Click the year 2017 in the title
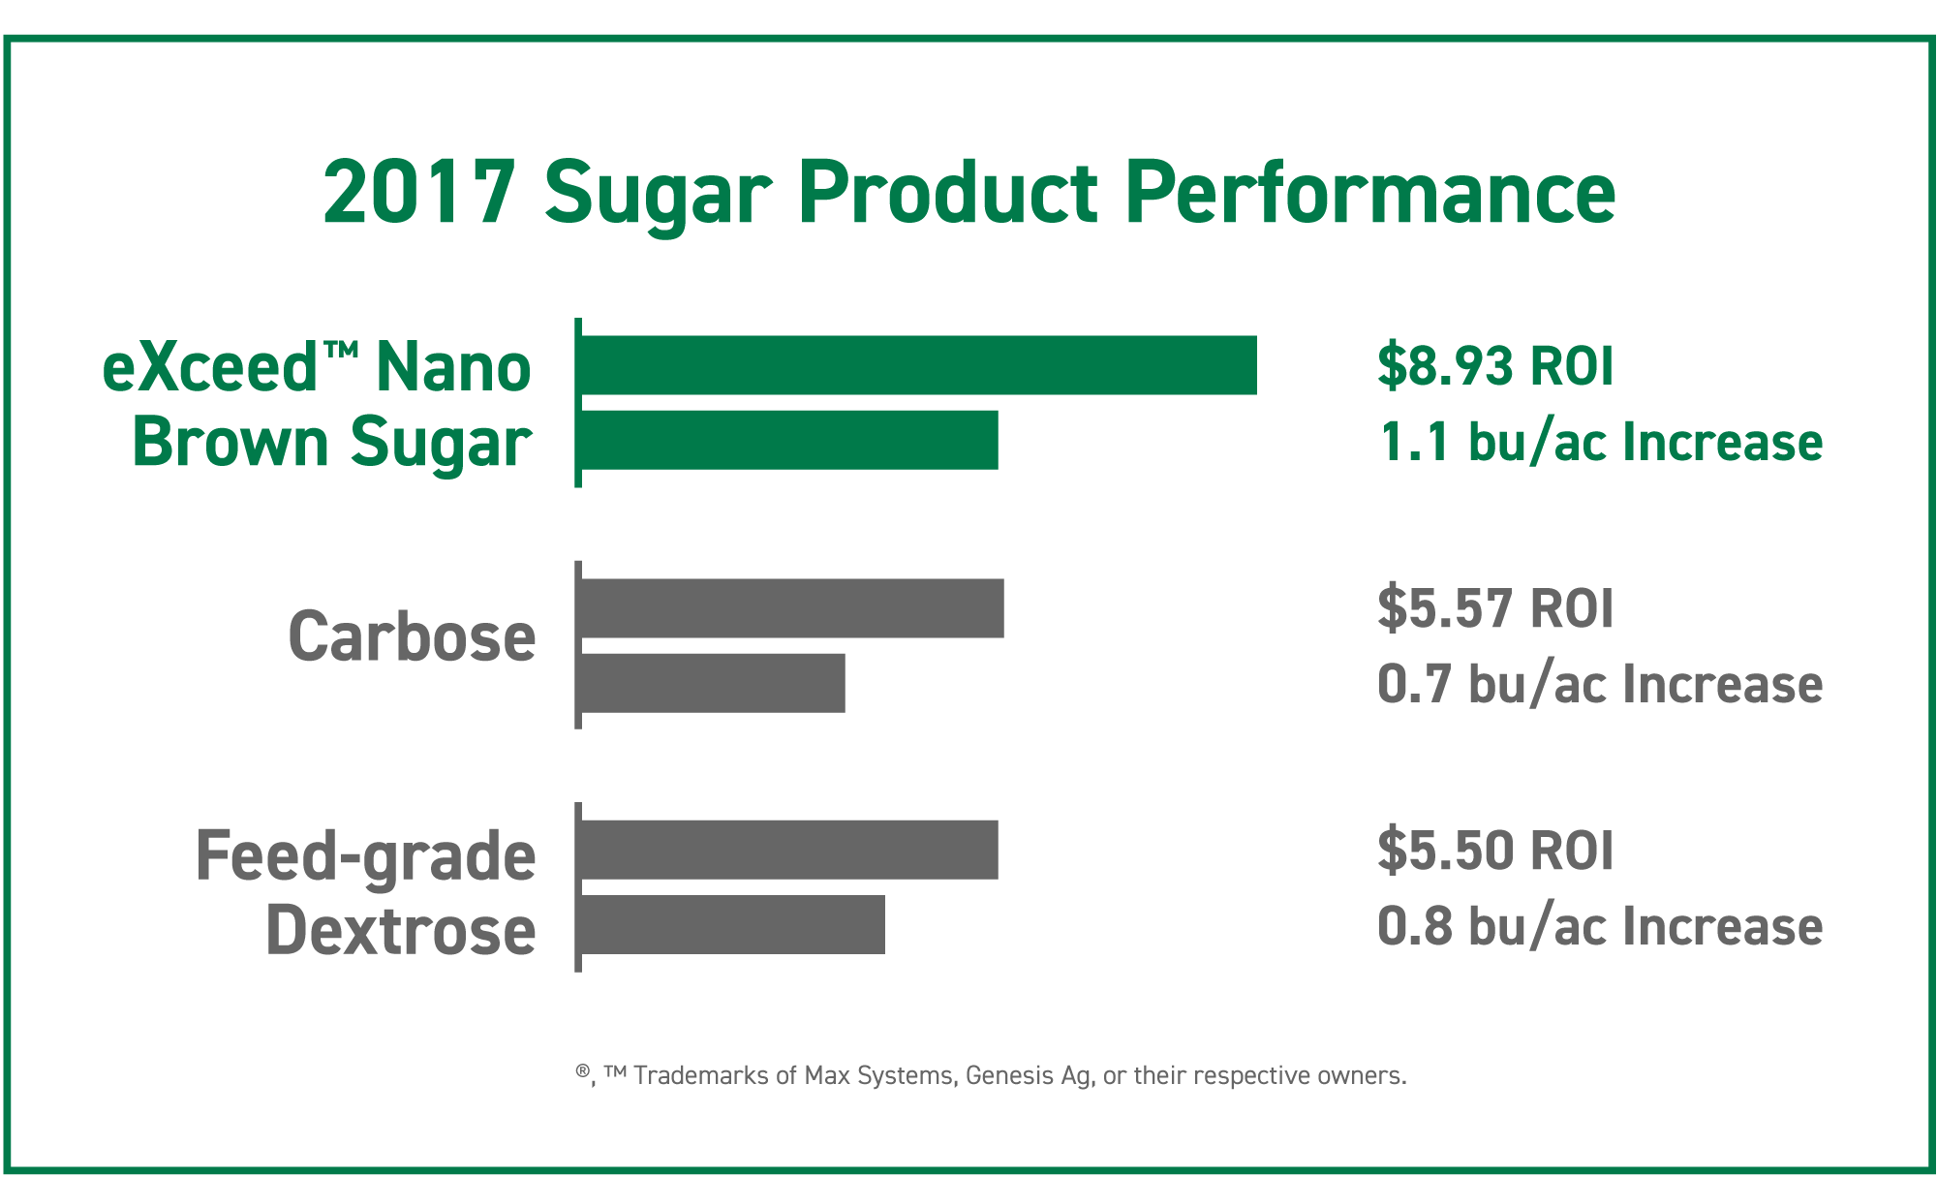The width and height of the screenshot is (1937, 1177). click(418, 192)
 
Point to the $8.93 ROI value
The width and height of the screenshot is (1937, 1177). click(1495, 365)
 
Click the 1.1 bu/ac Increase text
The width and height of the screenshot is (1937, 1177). click(1600, 442)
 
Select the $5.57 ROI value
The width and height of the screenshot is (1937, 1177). click(1495, 608)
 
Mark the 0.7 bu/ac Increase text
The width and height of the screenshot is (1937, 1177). click(1600, 684)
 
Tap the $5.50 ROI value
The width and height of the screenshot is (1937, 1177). click(1495, 851)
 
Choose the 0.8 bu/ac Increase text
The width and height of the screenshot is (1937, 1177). click(1600, 926)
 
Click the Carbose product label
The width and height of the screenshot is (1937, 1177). click(412, 637)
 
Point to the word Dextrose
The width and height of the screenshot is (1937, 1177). click(400, 931)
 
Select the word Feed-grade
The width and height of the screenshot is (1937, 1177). click(365, 857)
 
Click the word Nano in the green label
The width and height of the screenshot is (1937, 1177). click(453, 368)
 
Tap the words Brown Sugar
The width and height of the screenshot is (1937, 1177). click(331, 443)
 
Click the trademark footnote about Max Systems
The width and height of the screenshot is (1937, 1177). click(991, 1075)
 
